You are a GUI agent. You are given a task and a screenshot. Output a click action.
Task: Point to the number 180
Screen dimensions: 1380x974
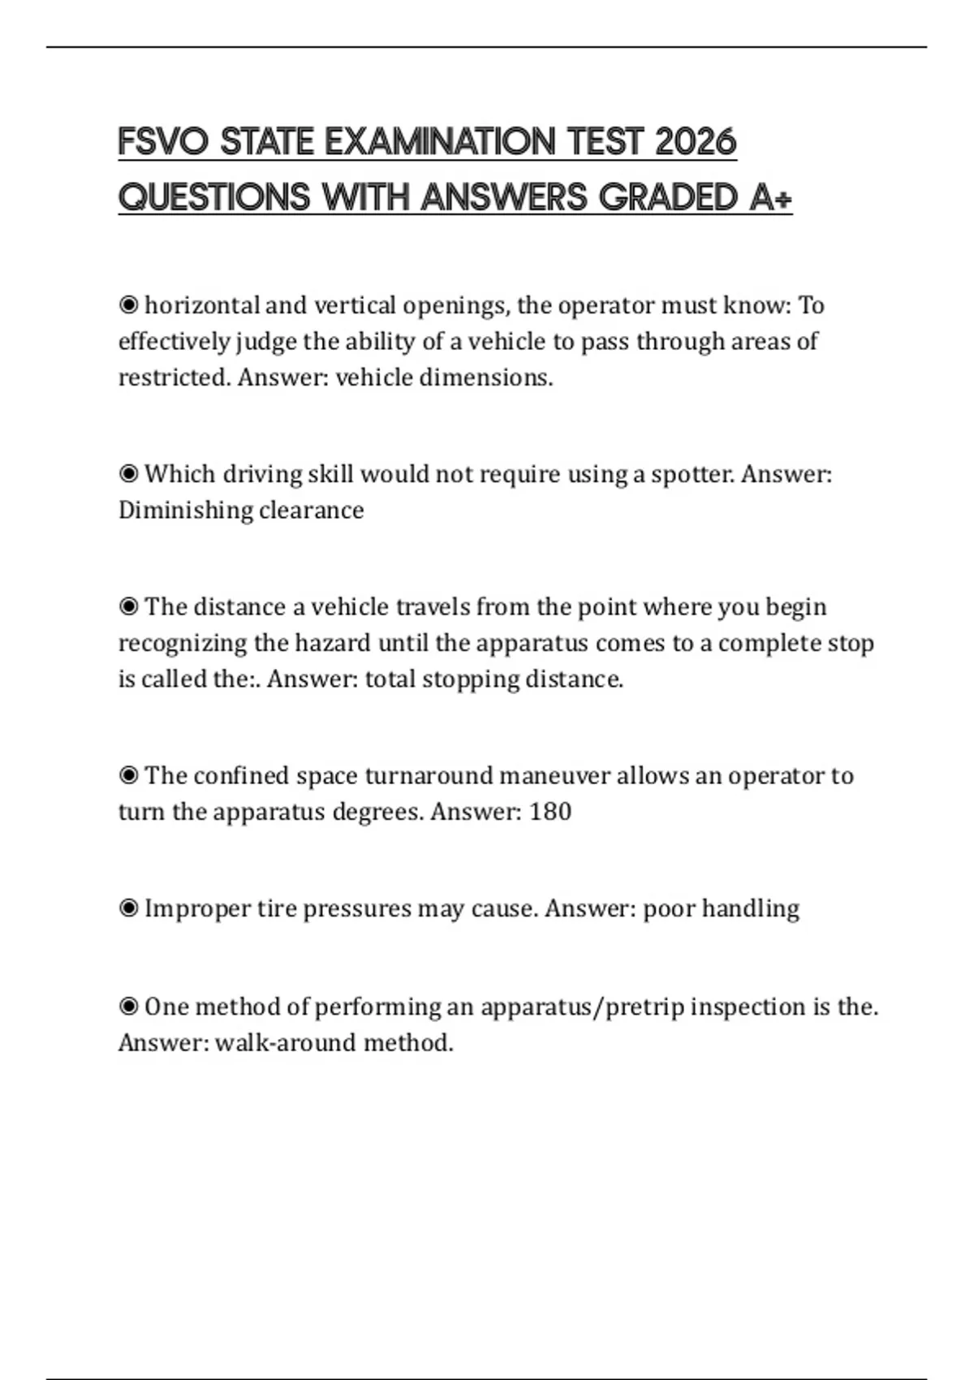(x=550, y=811)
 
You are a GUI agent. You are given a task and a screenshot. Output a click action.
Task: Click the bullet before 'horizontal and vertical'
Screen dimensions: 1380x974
(x=128, y=305)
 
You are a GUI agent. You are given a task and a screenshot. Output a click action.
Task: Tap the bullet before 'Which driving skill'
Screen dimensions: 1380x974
(x=128, y=473)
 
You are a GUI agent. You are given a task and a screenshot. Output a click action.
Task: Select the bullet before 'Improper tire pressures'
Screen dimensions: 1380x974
(x=128, y=908)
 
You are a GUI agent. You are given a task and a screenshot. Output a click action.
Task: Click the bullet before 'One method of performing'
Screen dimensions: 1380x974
(x=128, y=1007)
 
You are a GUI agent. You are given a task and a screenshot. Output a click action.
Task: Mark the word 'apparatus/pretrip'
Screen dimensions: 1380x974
(x=581, y=1007)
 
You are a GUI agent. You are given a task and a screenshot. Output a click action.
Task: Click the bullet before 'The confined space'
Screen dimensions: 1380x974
(x=128, y=775)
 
